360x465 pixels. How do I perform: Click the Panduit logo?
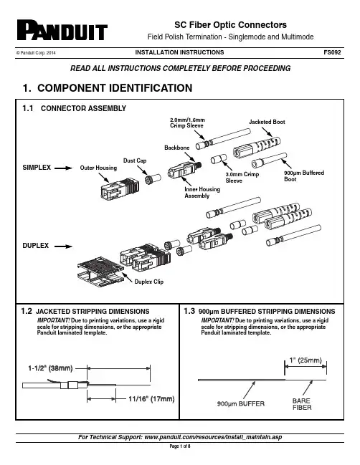(x=62, y=30)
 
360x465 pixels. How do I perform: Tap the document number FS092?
(x=332, y=52)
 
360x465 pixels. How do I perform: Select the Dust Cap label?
(x=135, y=160)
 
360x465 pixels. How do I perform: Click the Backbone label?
(x=177, y=148)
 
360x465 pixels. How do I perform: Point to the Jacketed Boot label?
(x=267, y=122)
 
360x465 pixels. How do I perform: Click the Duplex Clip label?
(x=149, y=282)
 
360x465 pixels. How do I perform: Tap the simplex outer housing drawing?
(x=120, y=188)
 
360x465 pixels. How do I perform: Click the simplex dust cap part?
(x=153, y=179)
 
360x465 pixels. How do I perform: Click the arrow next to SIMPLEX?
(x=63, y=168)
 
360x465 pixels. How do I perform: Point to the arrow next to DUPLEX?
(x=63, y=246)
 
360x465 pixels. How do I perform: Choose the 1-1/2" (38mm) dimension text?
(x=50, y=368)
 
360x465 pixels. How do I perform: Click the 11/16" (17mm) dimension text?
(x=151, y=399)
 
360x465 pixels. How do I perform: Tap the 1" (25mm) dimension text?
(x=305, y=360)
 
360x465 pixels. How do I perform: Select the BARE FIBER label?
(x=302, y=404)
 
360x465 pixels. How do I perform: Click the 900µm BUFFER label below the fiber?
(x=241, y=403)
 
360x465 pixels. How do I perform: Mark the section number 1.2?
(x=27, y=311)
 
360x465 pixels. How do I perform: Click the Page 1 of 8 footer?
(x=180, y=446)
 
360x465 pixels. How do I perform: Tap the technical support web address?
(x=213, y=437)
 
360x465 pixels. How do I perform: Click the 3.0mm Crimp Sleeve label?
(x=242, y=178)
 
